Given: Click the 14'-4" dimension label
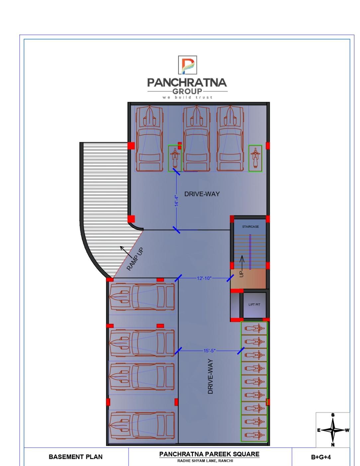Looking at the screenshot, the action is [176, 201].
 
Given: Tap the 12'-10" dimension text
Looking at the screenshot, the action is [204, 278].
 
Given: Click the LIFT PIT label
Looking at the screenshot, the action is [254, 304].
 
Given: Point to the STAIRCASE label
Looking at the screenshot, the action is [250, 226].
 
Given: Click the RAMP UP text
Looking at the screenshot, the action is [135, 259].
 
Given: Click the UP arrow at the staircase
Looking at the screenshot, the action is [242, 262].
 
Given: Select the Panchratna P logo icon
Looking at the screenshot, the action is [188, 65].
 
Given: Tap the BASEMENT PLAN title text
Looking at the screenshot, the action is [75, 457].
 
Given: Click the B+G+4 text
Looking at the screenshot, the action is [321, 457].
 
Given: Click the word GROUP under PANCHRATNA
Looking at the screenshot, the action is [187, 91].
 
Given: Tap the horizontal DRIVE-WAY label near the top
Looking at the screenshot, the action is [202, 194].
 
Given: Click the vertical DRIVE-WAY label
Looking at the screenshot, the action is [211, 376].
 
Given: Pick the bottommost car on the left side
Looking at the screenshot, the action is [142, 426].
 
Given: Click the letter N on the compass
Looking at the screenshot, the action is [332, 445].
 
